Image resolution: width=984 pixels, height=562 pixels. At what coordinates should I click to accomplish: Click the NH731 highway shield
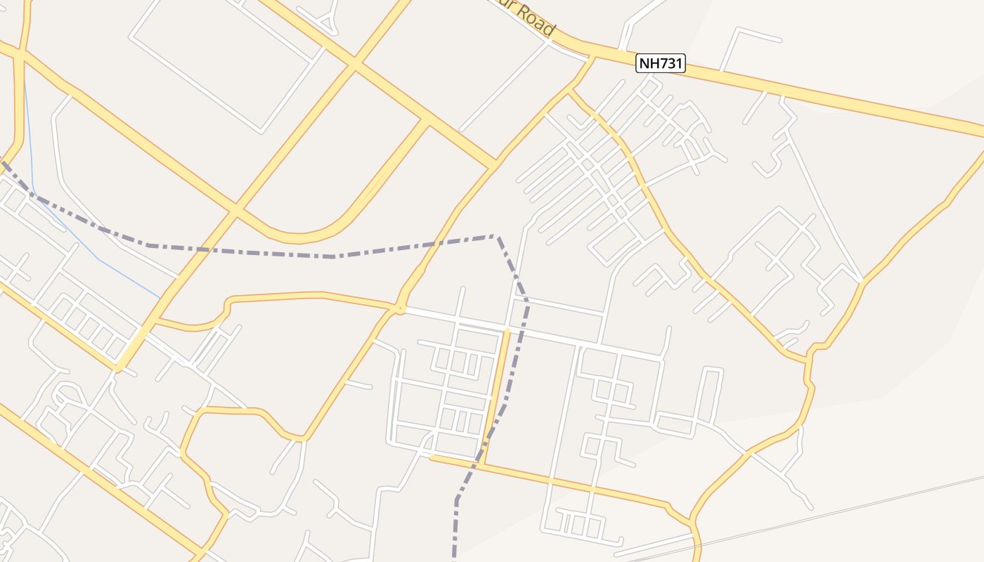660,64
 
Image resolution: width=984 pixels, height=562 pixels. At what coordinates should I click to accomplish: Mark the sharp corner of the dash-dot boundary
497,237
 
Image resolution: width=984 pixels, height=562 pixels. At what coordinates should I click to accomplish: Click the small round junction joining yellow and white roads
400,308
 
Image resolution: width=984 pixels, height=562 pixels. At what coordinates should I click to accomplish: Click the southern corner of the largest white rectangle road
261,131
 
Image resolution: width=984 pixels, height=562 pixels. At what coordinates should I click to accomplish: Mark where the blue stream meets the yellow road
161,296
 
